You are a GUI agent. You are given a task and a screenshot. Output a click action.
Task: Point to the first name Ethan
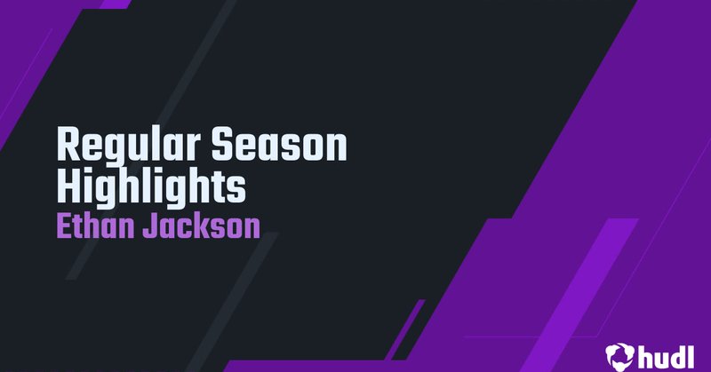pos(95,226)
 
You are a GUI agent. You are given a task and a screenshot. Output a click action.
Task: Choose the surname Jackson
pos(202,226)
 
